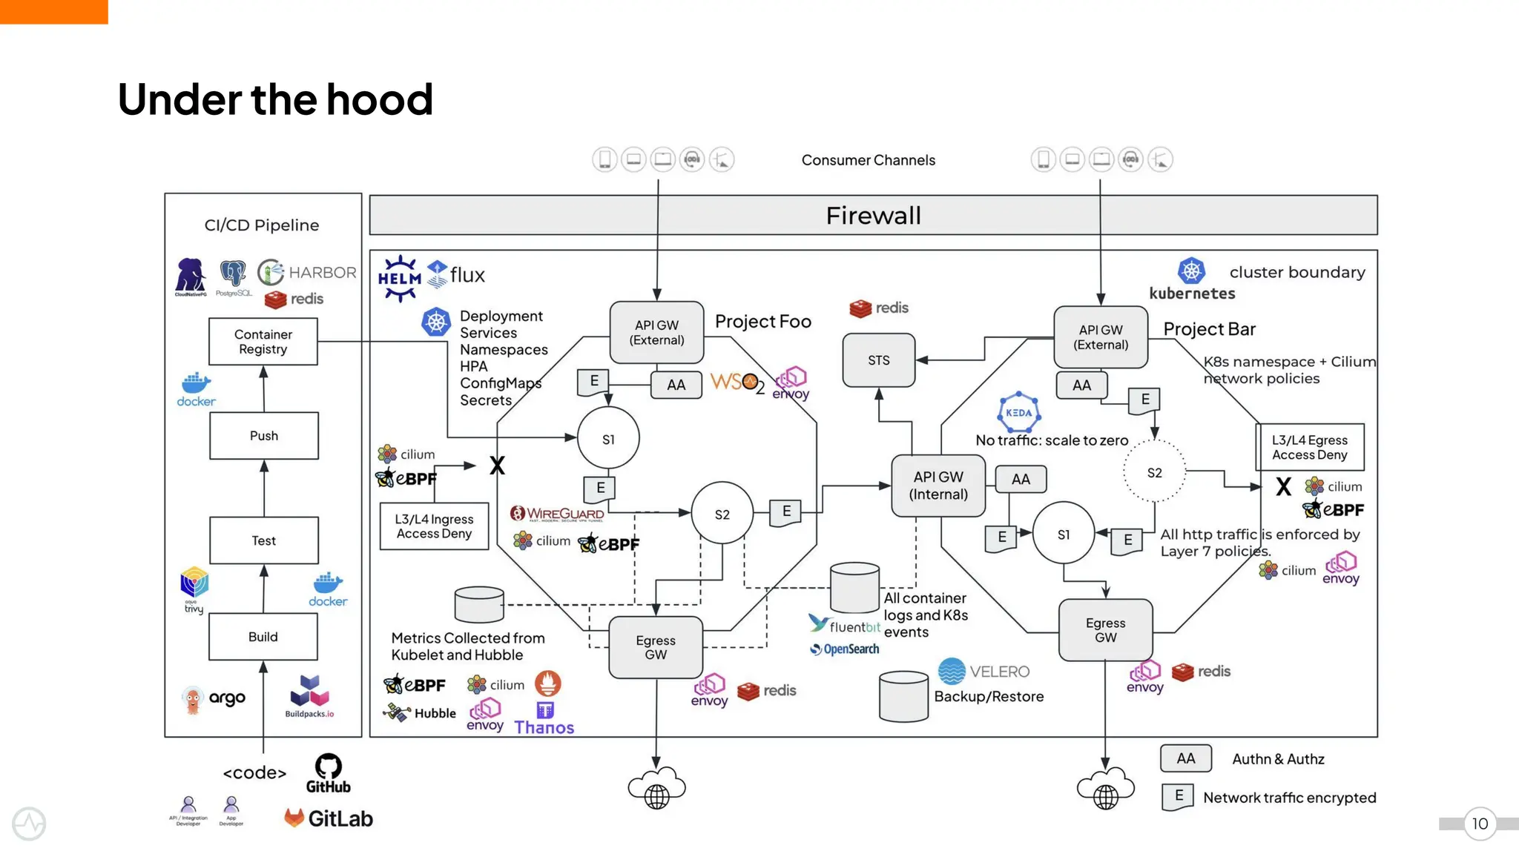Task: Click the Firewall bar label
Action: click(873, 216)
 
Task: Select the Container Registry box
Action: click(263, 342)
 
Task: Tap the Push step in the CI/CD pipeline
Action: click(264, 436)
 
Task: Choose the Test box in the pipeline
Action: click(264, 541)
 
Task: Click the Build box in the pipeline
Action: click(263, 637)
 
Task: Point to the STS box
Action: click(879, 360)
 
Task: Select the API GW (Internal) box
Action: click(938, 486)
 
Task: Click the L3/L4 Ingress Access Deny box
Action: click(434, 526)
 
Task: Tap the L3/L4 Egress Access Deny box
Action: click(1310, 448)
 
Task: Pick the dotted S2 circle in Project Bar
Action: click(1154, 473)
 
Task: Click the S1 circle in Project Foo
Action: click(608, 440)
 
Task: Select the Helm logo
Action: click(400, 278)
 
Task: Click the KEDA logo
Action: click(1018, 412)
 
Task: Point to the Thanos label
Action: click(544, 728)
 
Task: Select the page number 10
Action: click(1480, 824)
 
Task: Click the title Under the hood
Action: click(275, 99)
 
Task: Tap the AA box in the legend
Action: click(1186, 758)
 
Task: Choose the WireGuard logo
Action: click(557, 513)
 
